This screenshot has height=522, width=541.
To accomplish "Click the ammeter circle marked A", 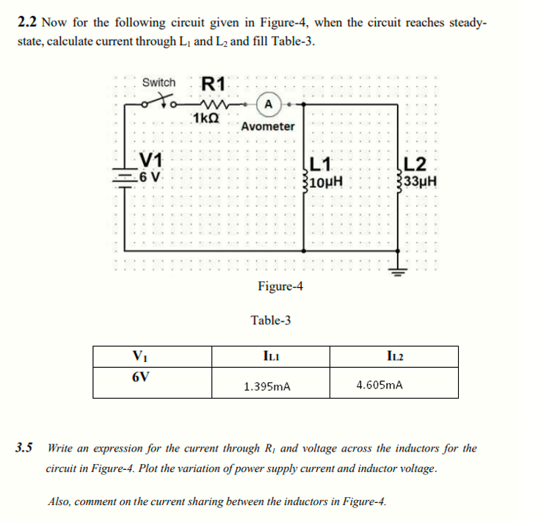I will pyautogui.click(x=269, y=104).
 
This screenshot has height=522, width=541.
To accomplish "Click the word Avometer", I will pyautogui.click(x=268, y=126).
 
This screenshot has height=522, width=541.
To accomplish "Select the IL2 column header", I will pyautogui.click(x=394, y=355).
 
